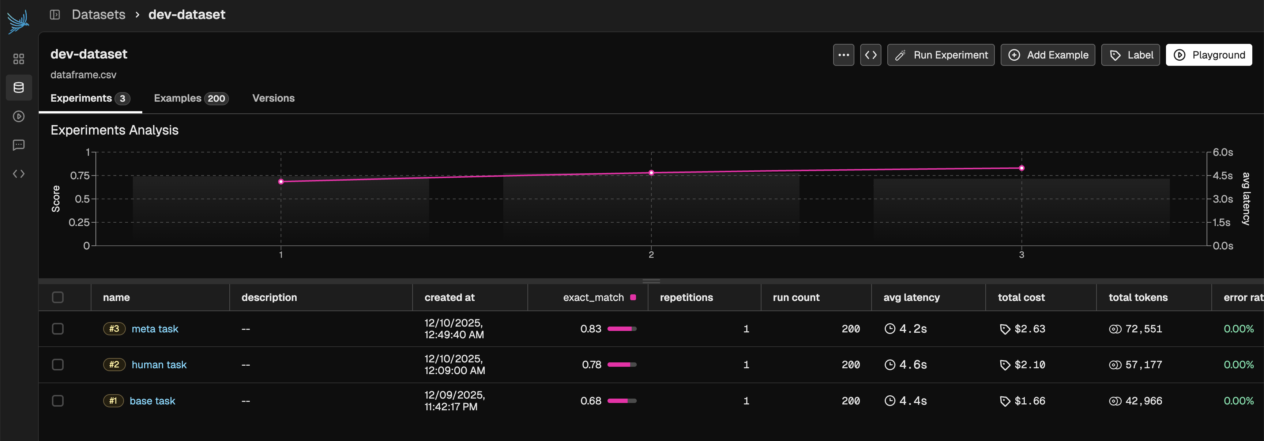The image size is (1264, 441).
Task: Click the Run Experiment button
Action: click(941, 55)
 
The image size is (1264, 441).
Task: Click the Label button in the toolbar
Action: click(1130, 55)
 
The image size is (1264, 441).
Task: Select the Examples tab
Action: click(191, 98)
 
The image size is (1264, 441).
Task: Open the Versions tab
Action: click(273, 98)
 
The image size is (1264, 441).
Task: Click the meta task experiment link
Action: click(155, 329)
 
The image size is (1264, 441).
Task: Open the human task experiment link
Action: click(159, 365)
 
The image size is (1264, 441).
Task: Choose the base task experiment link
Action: click(152, 401)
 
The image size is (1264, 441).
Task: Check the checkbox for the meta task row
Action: click(58, 329)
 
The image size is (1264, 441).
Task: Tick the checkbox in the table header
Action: click(58, 297)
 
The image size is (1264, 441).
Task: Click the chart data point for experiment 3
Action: click(1022, 168)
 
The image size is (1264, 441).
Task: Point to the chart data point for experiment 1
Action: click(281, 181)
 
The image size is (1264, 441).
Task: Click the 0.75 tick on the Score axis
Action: click(80, 176)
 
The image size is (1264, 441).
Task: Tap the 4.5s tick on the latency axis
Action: click(1222, 176)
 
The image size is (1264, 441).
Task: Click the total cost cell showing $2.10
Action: click(1030, 365)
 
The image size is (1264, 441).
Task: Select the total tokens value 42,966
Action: click(1143, 401)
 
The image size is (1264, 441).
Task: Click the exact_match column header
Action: click(593, 297)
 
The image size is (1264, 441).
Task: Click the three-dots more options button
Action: click(843, 55)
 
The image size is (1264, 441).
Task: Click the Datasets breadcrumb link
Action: click(99, 15)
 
